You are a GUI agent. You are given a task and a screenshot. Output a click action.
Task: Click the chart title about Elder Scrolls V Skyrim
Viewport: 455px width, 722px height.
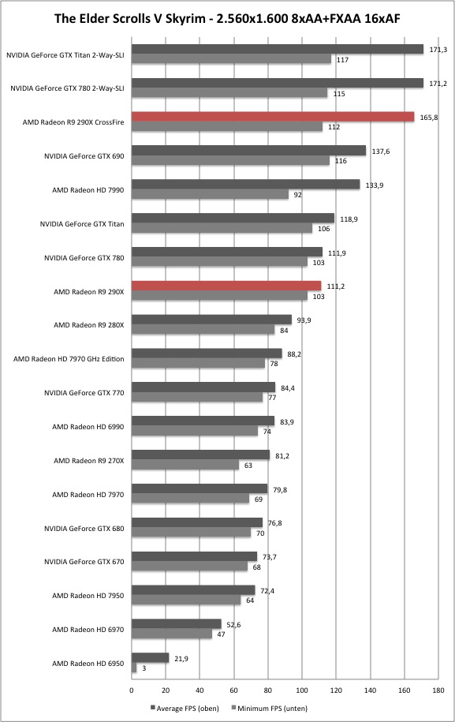227,18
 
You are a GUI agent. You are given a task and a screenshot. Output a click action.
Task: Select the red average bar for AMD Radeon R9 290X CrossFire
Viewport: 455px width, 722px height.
273,117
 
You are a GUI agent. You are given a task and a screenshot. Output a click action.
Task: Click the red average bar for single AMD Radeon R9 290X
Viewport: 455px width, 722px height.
226,286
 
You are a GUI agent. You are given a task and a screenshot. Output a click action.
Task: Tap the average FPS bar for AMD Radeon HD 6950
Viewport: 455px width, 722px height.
151,658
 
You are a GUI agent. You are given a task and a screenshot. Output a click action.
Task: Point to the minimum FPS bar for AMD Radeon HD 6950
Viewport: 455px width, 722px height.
134,668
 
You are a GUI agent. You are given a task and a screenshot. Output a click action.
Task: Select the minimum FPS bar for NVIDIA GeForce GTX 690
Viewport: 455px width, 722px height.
230,161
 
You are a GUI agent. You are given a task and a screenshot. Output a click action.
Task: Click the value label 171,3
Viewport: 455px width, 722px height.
438,49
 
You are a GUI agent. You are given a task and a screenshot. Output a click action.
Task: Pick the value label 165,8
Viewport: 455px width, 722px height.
429,118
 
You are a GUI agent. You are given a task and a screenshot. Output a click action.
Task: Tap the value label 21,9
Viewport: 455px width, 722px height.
181,658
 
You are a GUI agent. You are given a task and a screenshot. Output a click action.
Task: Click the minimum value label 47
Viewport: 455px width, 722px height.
221,634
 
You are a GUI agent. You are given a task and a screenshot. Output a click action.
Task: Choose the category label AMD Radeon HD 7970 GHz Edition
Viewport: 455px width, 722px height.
69,359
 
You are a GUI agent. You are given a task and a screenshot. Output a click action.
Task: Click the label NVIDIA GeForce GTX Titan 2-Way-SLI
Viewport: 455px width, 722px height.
65,55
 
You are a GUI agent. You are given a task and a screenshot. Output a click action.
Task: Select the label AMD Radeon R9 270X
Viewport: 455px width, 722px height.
89,461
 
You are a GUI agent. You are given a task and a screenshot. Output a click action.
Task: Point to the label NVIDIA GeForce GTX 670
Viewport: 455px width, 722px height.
84,562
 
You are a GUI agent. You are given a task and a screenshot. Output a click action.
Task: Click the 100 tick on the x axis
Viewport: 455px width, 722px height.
302,690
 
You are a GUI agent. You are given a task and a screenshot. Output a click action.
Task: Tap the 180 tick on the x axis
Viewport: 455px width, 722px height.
438,690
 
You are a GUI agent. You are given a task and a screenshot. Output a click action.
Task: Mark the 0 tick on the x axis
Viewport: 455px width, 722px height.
132,690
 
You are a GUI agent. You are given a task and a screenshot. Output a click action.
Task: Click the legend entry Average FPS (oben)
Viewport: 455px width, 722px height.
185,708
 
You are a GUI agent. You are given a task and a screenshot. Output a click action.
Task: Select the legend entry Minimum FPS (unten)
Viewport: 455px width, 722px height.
270,708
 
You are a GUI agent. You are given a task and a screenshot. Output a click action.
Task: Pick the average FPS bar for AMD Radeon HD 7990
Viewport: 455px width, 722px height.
246,185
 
